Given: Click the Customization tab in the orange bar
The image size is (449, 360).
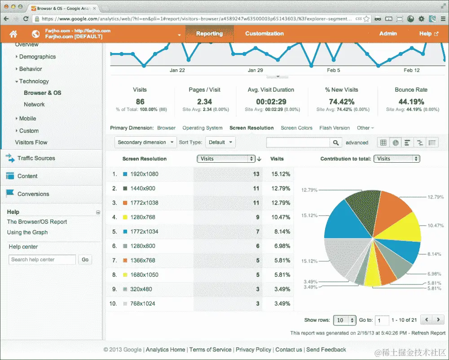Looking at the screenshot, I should click(264, 34).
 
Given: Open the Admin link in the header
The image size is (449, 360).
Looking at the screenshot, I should click(388, 34).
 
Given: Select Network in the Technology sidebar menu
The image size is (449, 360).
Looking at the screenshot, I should click(34, 104).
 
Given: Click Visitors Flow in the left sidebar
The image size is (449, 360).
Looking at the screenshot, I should click(31, 142).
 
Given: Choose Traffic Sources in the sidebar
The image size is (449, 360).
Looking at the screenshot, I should click(36, 158).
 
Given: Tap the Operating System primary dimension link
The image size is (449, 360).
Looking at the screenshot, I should click(202, 128).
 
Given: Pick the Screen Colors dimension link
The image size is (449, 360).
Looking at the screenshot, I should click(296, 128).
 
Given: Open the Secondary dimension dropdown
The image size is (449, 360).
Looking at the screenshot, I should click(146, 142).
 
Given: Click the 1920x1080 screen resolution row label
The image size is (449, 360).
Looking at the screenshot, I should click(144, 174).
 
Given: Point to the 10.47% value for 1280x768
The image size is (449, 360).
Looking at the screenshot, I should click(281, 217).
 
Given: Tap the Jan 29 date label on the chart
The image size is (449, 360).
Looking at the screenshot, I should click(255, 70).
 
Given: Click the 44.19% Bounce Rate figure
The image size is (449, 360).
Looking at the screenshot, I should click(411, 102).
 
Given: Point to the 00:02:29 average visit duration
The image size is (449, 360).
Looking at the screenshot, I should click(271, 102).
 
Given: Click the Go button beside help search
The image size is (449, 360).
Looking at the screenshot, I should click(85, 260).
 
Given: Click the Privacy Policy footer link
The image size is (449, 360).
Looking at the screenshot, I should click(253, 350).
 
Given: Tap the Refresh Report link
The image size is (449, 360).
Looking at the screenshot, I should click(428, 333).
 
